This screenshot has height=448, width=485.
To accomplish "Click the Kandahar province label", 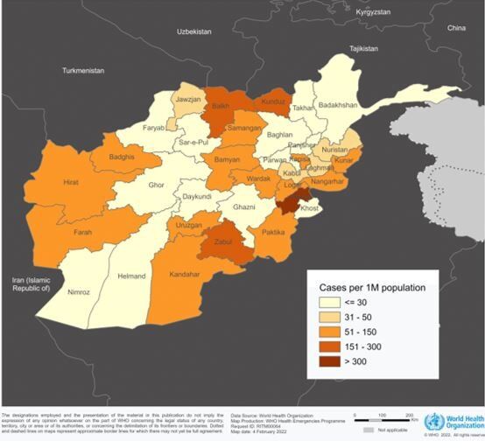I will coord(185,274).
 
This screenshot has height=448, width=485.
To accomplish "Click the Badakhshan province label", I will coord(338,105).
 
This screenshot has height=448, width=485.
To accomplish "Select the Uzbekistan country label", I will coord(194,31).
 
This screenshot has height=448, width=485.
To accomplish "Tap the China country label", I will coord(457,29).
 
